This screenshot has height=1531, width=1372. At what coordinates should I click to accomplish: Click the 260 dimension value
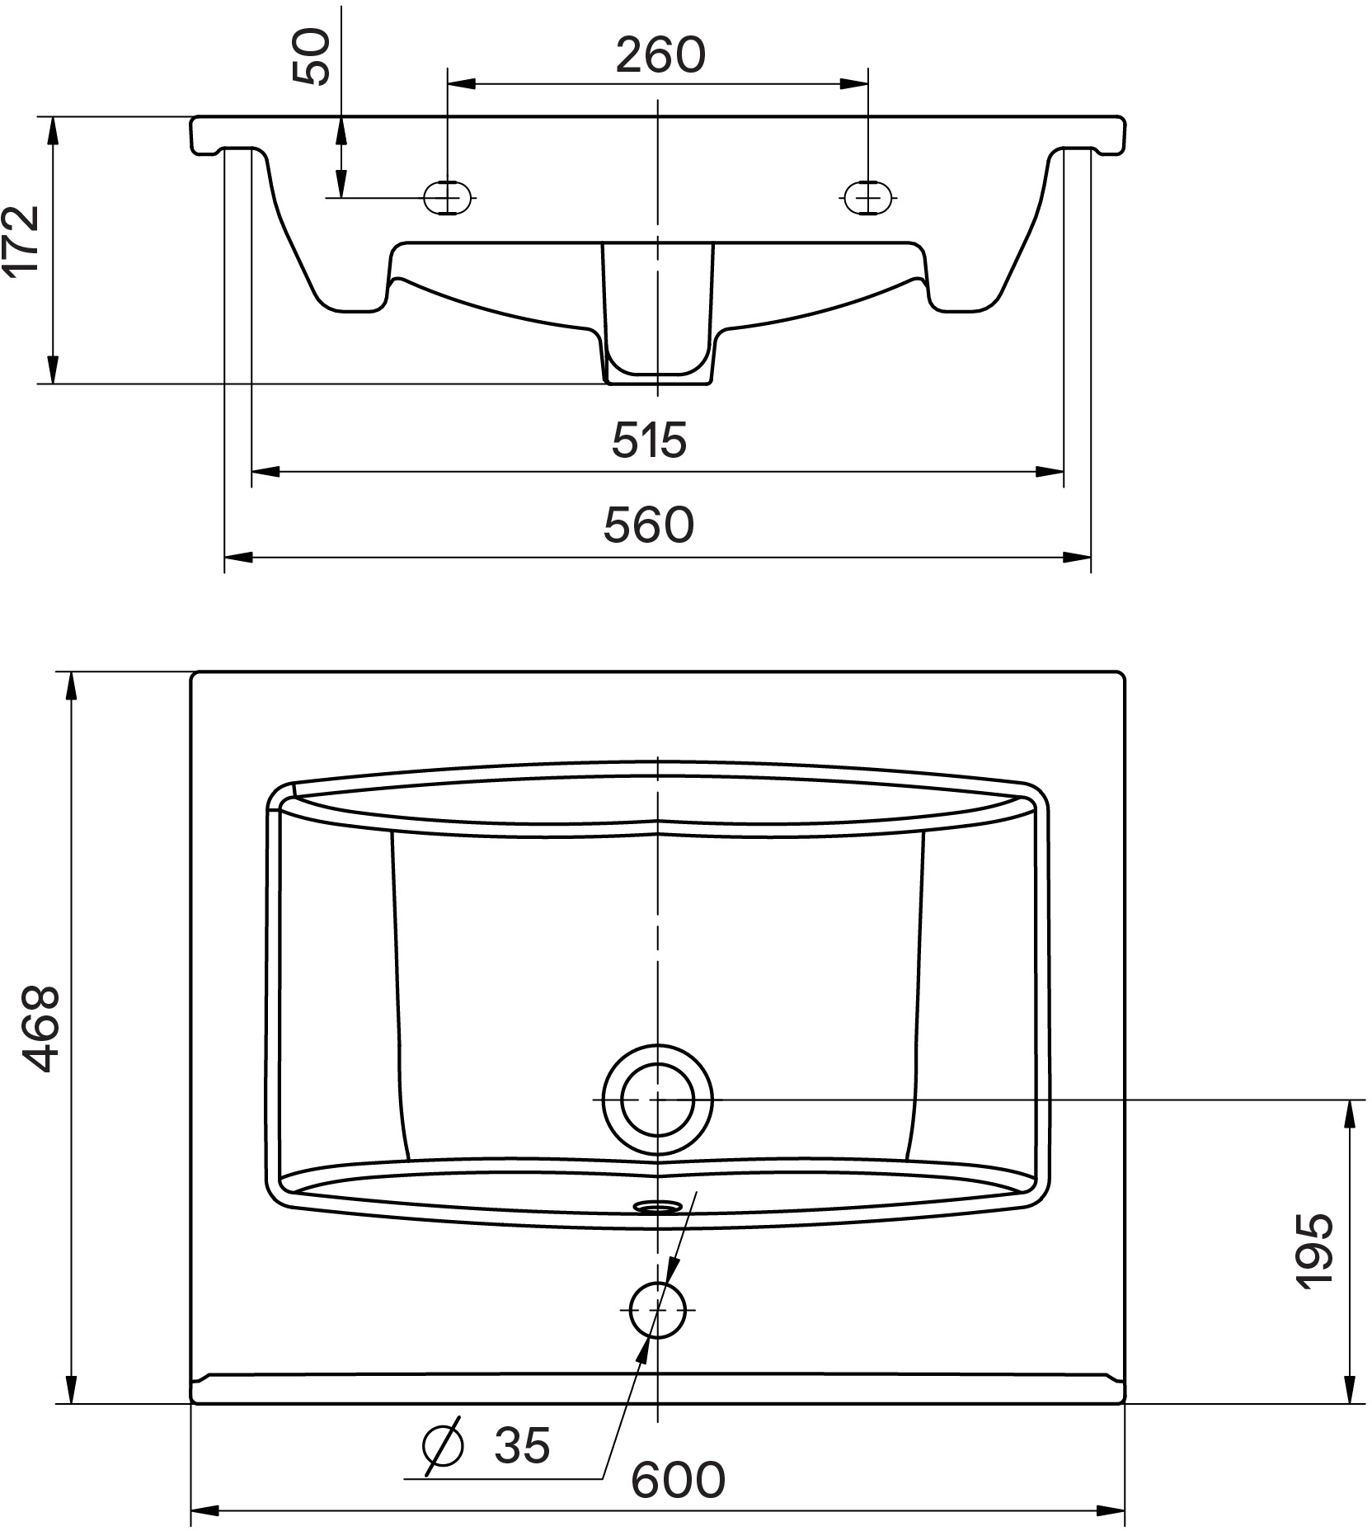point(660,55)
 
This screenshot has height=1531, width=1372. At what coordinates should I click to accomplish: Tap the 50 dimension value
point(312,57)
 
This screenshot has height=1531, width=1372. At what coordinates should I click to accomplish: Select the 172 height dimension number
point(21,239)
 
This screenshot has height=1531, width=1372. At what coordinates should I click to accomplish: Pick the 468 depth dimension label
point(40,1028)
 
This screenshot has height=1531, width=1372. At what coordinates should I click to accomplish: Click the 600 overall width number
point(679,1479)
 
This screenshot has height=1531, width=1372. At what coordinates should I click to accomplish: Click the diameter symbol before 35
point(443,1446)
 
